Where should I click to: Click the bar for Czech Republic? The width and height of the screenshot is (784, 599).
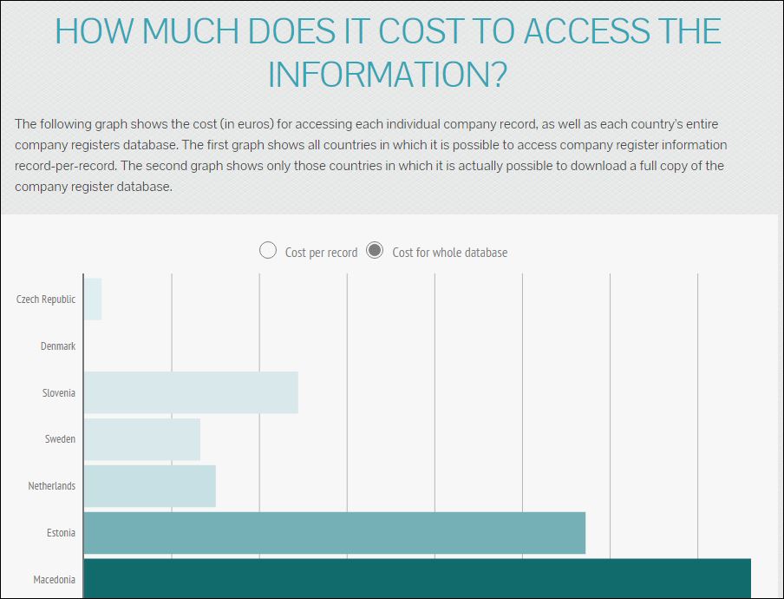pyautogui.click(x=93, y=299)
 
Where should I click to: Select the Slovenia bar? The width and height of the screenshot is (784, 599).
pyautogui.click(x=191, y=392)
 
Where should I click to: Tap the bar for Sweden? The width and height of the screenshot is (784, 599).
pyautogui.click(x=142, y=439)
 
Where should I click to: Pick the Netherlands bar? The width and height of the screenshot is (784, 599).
pyautogui.click(x=150, y=486)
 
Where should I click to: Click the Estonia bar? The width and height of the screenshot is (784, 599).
pyautogui.click(x=335, y=533)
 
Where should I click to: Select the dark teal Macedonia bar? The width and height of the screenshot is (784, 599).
pyautogui.click(x=417, y=579)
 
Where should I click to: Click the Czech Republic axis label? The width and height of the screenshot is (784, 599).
pyautogui.click(x=46, y=299)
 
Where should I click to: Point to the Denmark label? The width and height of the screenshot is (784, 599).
pyautogui.click(x=58, y=346)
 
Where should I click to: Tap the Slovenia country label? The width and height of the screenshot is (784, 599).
pyautogui.click(x=59, y=393)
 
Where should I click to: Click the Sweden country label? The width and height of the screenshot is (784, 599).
pyautogui.click(x=60, y=439)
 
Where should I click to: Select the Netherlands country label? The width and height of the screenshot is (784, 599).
pyautogui.click(x=52, y=486)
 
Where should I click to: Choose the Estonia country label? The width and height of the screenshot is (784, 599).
pyautogui.click(x=61, y=533)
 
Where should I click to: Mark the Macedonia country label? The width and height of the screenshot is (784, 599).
pyautogui.click(x=54, y=580)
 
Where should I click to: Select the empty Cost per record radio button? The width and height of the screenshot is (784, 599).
pyautogui.click(x=268, y=251)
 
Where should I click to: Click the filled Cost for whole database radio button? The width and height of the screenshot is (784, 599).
pyautogui.click(x=375, y=251)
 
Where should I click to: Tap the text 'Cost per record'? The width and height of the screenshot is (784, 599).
pyautogui.click(x=321, y=253)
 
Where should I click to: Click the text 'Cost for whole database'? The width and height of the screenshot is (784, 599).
pyautogui.click(x=450, y=253)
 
